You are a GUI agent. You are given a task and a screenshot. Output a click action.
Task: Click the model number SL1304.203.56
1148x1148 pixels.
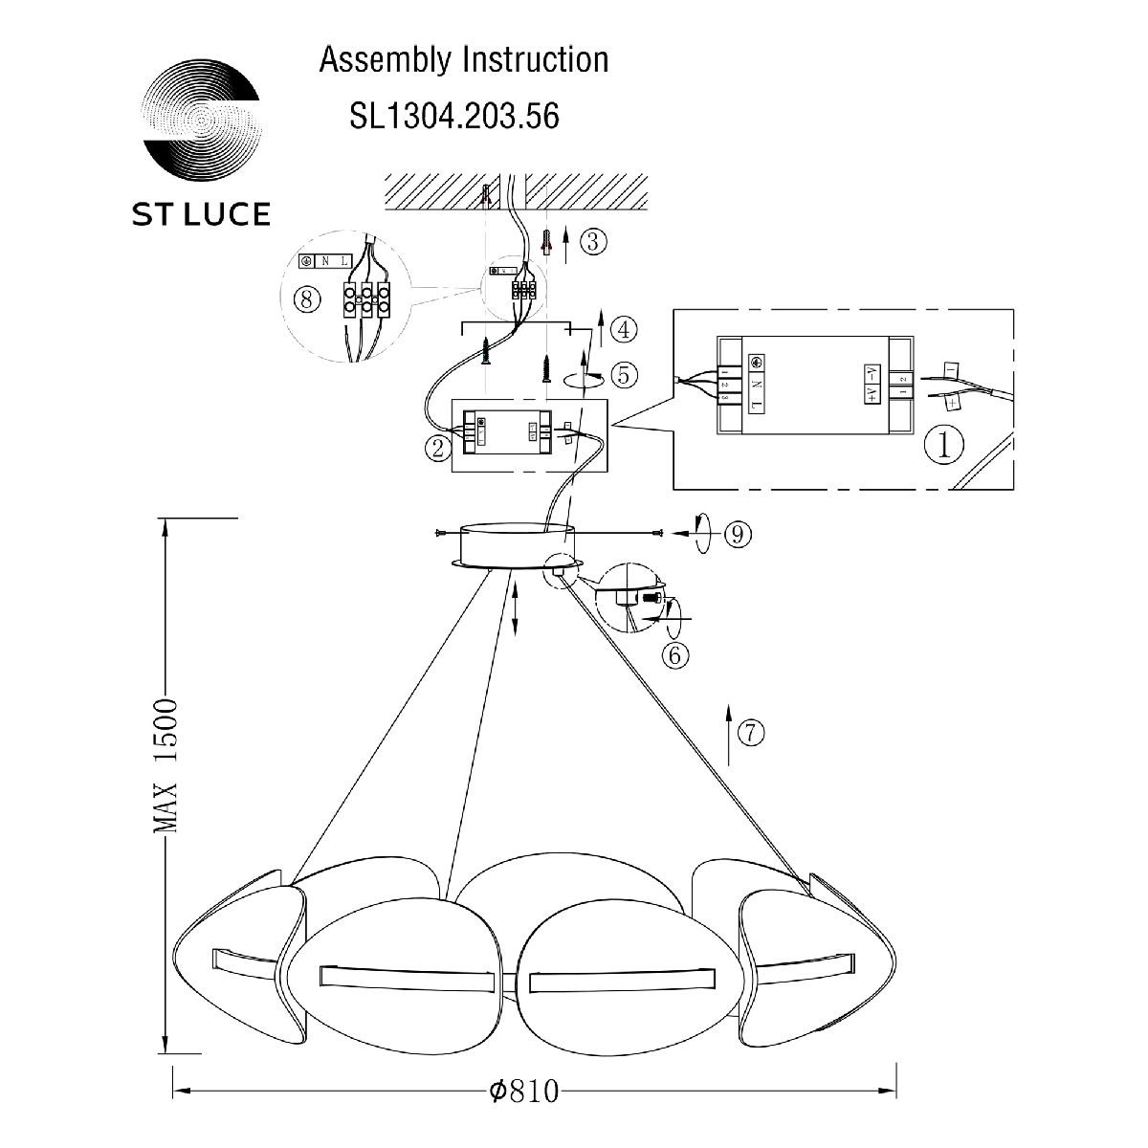(454, 116)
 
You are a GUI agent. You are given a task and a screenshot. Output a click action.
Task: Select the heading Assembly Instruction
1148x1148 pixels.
(464, 59)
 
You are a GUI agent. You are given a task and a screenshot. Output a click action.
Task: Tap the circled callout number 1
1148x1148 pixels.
(945, 443)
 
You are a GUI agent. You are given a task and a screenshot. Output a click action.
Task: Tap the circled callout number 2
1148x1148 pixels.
(438, 448)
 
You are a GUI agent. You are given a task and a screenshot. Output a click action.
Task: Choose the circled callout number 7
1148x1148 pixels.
(752, 734)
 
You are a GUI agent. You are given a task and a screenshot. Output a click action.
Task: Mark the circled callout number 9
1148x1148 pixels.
(735, 535)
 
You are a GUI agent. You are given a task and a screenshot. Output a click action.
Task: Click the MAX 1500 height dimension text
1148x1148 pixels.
(166, 764)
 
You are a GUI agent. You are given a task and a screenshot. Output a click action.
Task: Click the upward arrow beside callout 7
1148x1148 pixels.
(729, 734)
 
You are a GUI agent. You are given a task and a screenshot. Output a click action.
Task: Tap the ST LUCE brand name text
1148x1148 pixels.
(200, 214)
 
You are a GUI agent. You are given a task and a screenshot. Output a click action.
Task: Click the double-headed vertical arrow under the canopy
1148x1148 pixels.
(517, 607)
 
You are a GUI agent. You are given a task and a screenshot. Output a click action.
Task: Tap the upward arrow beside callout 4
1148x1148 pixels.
(600, 332)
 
